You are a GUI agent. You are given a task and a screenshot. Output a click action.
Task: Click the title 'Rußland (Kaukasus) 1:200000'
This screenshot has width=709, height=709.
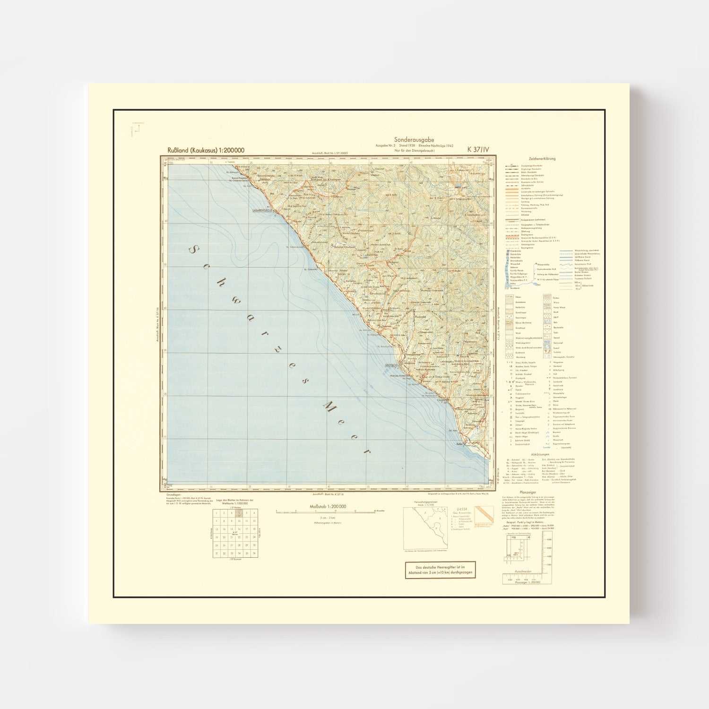206,150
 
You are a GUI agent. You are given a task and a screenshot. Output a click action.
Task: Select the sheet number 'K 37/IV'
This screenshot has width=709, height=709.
478,149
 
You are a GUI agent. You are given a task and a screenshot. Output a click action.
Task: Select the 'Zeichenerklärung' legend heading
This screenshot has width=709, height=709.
542,159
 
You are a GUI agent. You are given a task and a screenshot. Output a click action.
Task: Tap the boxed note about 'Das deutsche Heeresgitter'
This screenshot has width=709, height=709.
441,570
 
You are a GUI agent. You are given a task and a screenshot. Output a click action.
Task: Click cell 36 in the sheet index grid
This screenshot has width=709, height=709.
254,553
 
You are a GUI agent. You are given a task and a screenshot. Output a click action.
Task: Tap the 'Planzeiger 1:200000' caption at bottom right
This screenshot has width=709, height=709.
527,582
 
